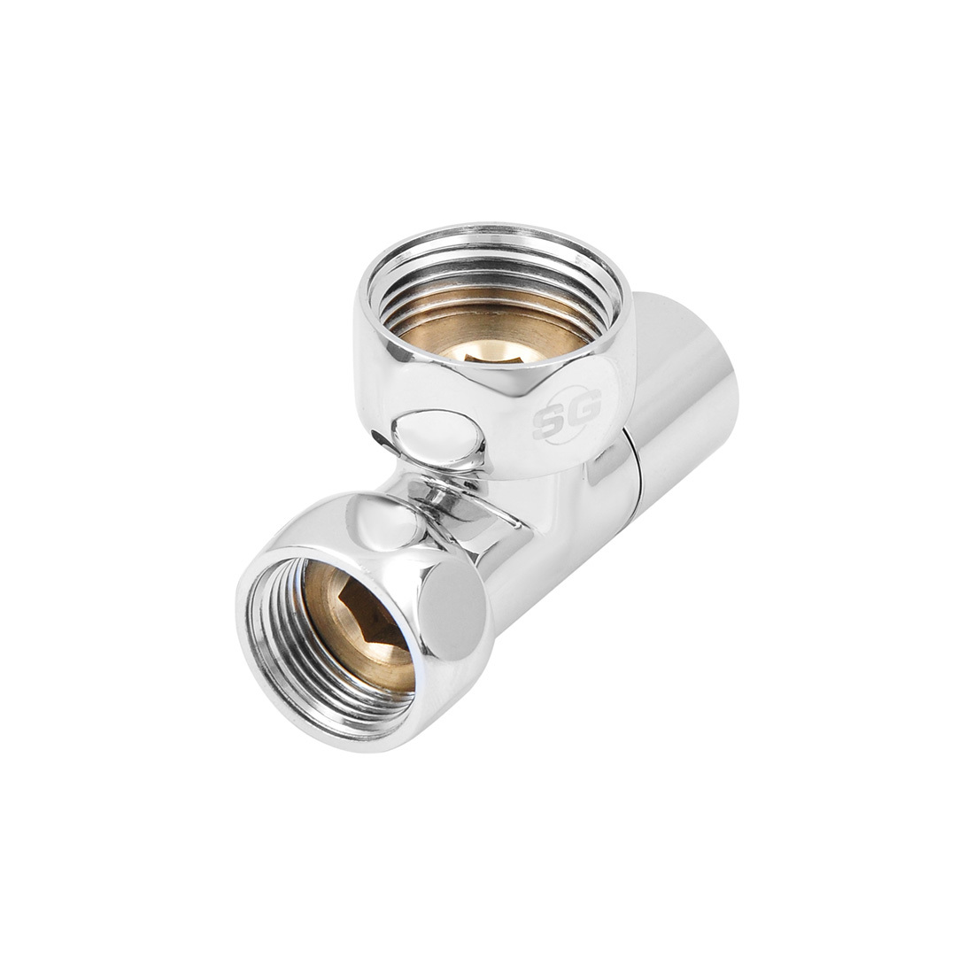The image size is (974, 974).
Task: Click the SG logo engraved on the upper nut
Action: (x=567, y=414)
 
